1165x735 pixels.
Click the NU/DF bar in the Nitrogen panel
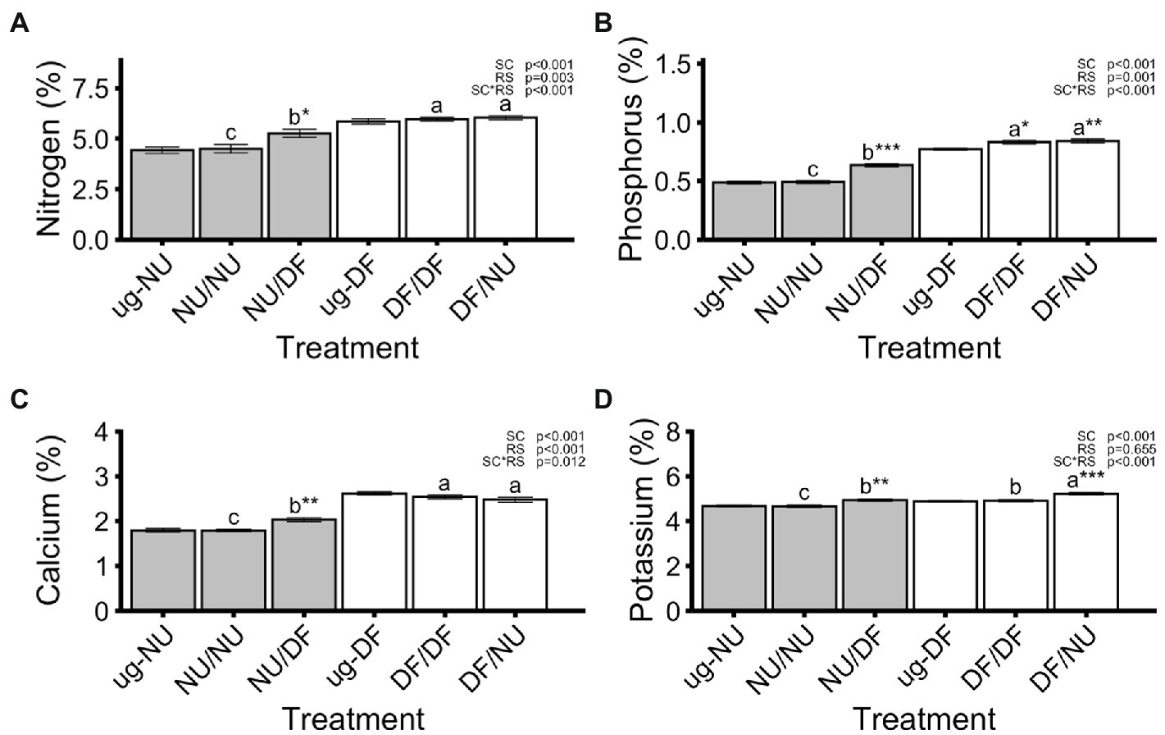299,186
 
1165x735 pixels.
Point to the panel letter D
603,399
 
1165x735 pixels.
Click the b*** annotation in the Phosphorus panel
881,152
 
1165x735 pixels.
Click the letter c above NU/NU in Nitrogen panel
231,133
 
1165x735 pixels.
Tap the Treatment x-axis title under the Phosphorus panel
929,348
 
